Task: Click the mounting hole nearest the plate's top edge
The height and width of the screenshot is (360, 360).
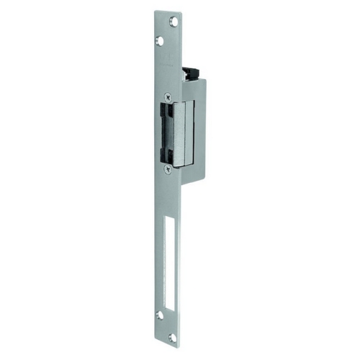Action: point(174,22)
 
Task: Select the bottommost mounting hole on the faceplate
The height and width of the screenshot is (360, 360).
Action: point(173,337)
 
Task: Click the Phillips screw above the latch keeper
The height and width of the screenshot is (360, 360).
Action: point(168,96)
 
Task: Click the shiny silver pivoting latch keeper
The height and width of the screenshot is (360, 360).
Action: point(183,131)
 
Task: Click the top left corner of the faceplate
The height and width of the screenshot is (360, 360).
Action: point(155,11)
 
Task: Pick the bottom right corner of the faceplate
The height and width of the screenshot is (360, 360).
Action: point(181,348)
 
